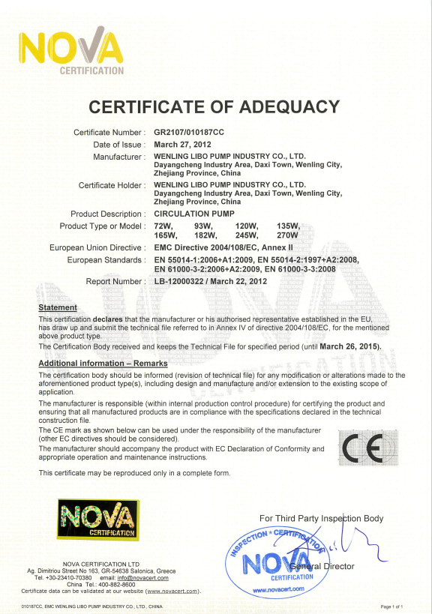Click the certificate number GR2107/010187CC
[188, 132]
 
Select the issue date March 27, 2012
[181, 144]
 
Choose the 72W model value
[163, 226]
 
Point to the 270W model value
[289, 235]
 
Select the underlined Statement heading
[58, 307]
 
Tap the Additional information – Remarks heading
[102, 363]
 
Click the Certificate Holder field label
[112, 184]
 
